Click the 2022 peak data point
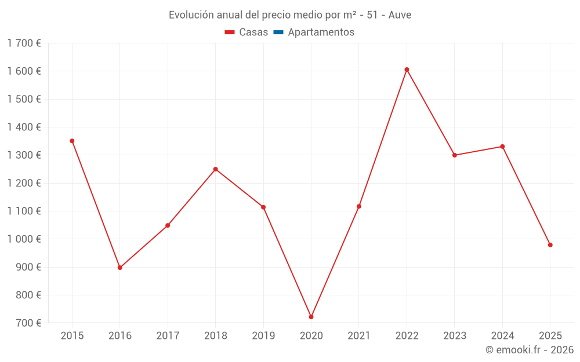(x=407, y=70)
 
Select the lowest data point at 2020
(x=311, y=317)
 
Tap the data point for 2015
(x=72, y=141)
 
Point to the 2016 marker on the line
(x=120, y=268)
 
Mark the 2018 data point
(x=215, y=169)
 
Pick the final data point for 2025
(x=550, y=245)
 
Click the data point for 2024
(x=502, y=147)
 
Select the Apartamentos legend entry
(x=321, y=32)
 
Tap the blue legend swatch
(x=278, y=32)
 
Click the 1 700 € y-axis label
(x=24, y=43)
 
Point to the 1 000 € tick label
(x=24, y=239)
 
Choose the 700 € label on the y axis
(x=28, y=323)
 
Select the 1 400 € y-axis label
(x=24, y=127)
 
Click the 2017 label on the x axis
(x=168, y=336)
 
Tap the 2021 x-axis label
(x=359, y=336)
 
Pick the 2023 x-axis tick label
(x=455, y=336)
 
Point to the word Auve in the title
(x=400, y=15)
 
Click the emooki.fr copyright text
(x=529, y=350)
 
